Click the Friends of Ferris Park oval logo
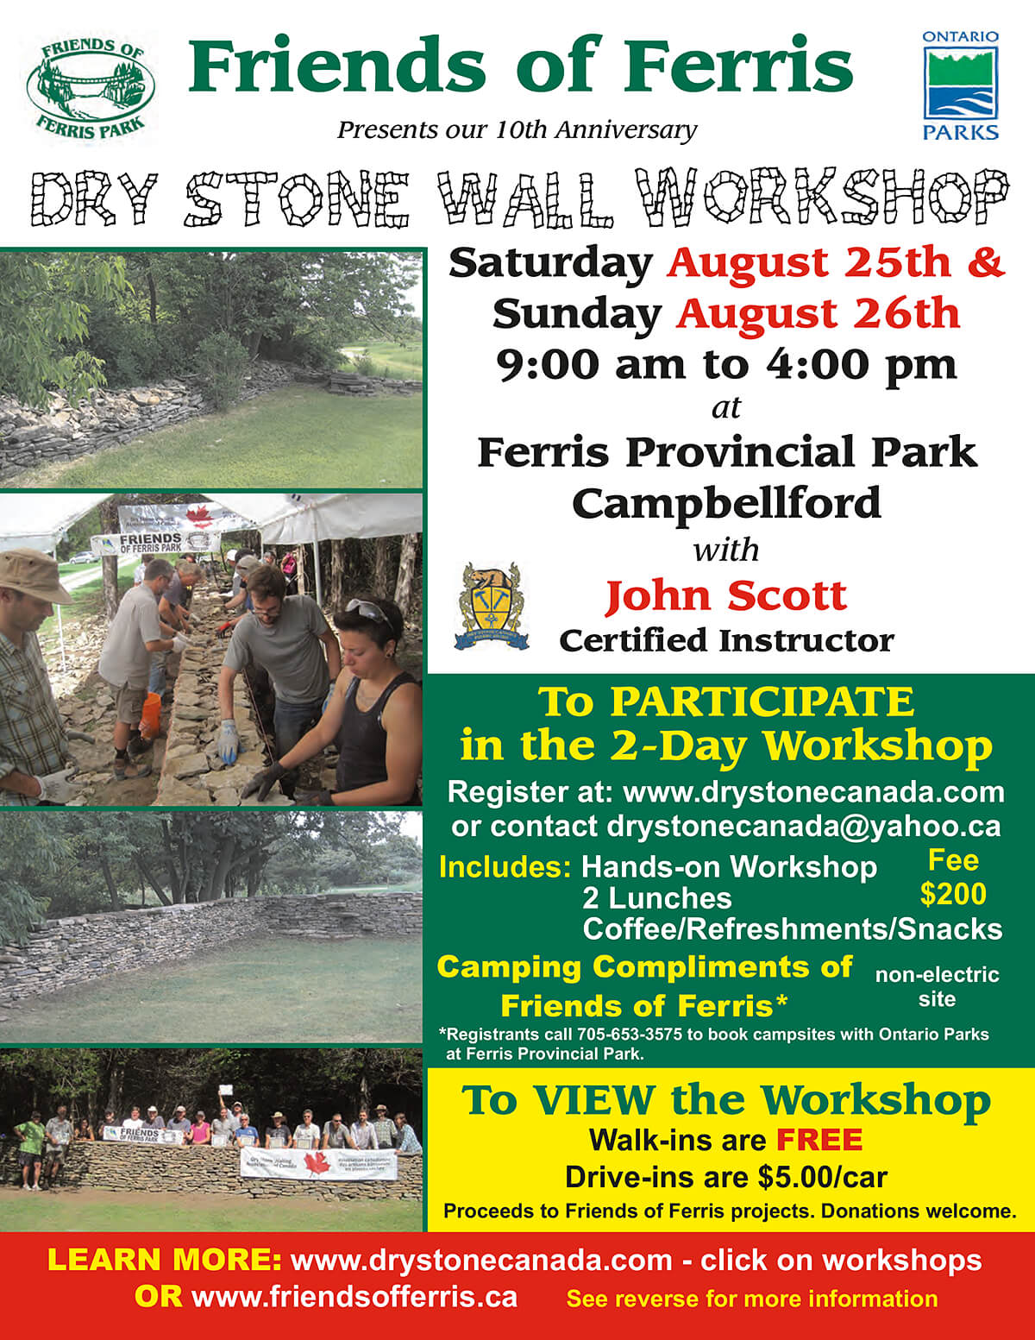coord(91,87)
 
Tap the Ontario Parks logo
coord(961,85)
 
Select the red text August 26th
coord(818,313)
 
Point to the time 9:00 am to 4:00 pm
coord(726,364)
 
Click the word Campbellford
coord(726,502)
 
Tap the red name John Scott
coord(725,595)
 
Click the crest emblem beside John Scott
coord(490,607)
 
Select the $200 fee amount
coord(952,894)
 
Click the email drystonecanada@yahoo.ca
coord(804,826)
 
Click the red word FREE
coord(819,1140)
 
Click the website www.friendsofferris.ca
coord(354,1297)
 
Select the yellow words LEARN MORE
coord(164,1260)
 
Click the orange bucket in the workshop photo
coord(150,715)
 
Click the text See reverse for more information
coord(751,1299)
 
